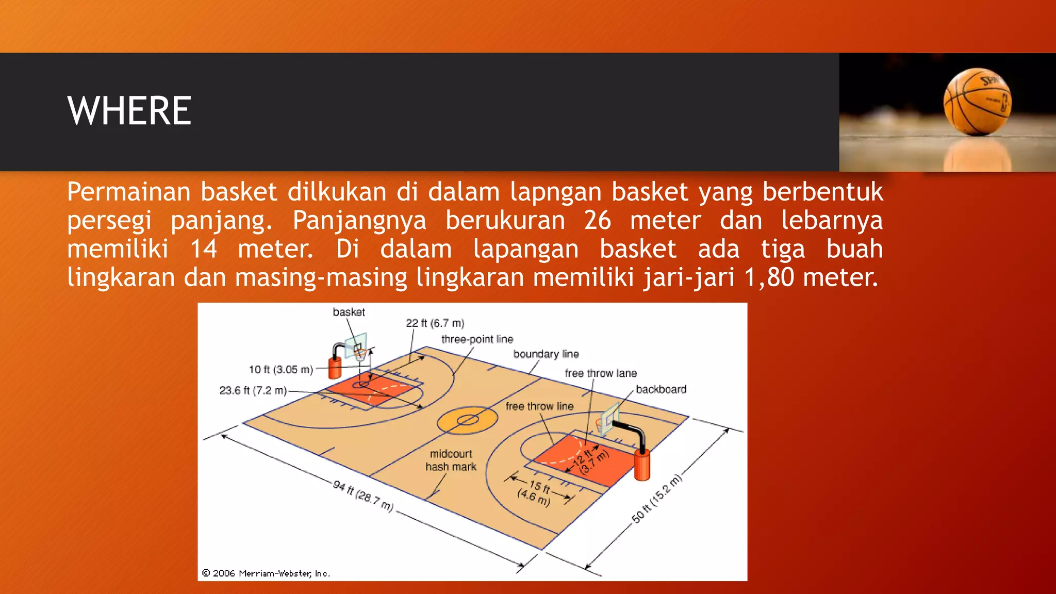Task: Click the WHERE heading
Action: coord(129,111)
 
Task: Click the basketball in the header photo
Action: coord(977,102)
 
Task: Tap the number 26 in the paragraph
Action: coord(598,221)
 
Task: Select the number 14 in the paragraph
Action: coord(204,249)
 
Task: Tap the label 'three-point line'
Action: coord(477,339)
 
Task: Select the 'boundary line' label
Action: coord(546,354)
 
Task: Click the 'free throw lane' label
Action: coord(601,373)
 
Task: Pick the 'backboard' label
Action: coord(661,389)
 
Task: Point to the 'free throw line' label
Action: coord(539,406)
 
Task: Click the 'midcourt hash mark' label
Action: coord(451,460)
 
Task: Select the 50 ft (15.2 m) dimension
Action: coord(657,499)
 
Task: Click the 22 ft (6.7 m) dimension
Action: coord(435,323)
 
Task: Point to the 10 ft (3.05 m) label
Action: coord(281,370)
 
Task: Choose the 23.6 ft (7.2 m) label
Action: coord(253,390)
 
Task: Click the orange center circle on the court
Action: coord(468,420)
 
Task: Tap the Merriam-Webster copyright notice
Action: coord(266,573)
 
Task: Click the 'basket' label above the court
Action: coord(349,312)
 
